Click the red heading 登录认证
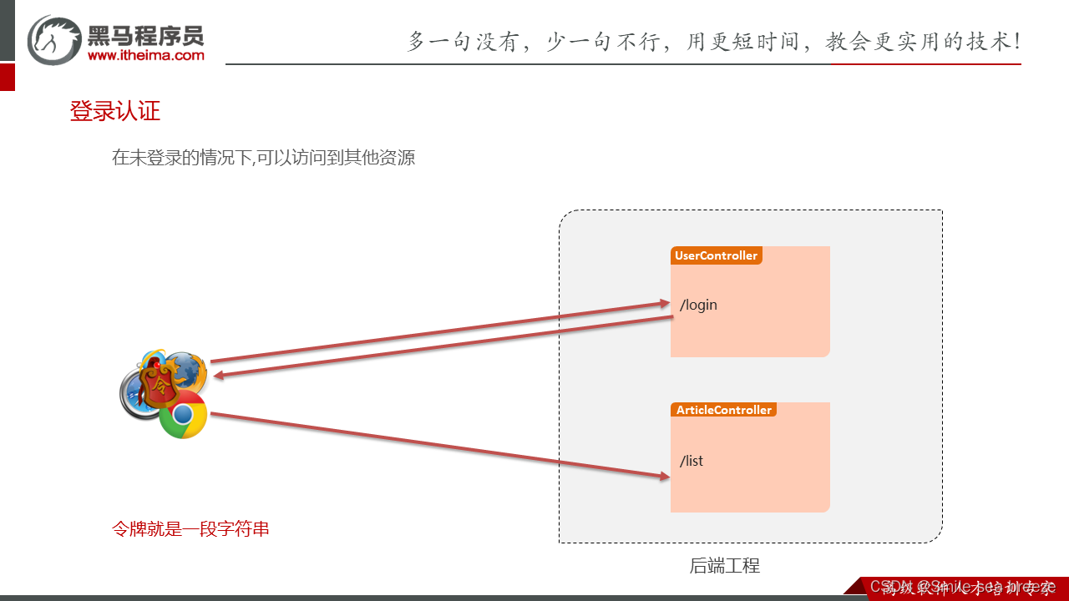point(114,111)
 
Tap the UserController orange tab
point(716,255)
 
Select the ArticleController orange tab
point(723,410)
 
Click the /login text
point(698,305)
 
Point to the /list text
point(692,461)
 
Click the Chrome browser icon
point(183,415)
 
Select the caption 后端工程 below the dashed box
point(724,565)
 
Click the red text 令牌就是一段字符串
point(190,529)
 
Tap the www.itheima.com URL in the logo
point(145,55)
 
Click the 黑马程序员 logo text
point(145,35)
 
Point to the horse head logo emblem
point(54,39)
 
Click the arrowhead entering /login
point(664,304)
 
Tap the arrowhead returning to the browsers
point(219,376)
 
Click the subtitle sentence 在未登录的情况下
point(263,157)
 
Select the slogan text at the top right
point(713,41)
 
